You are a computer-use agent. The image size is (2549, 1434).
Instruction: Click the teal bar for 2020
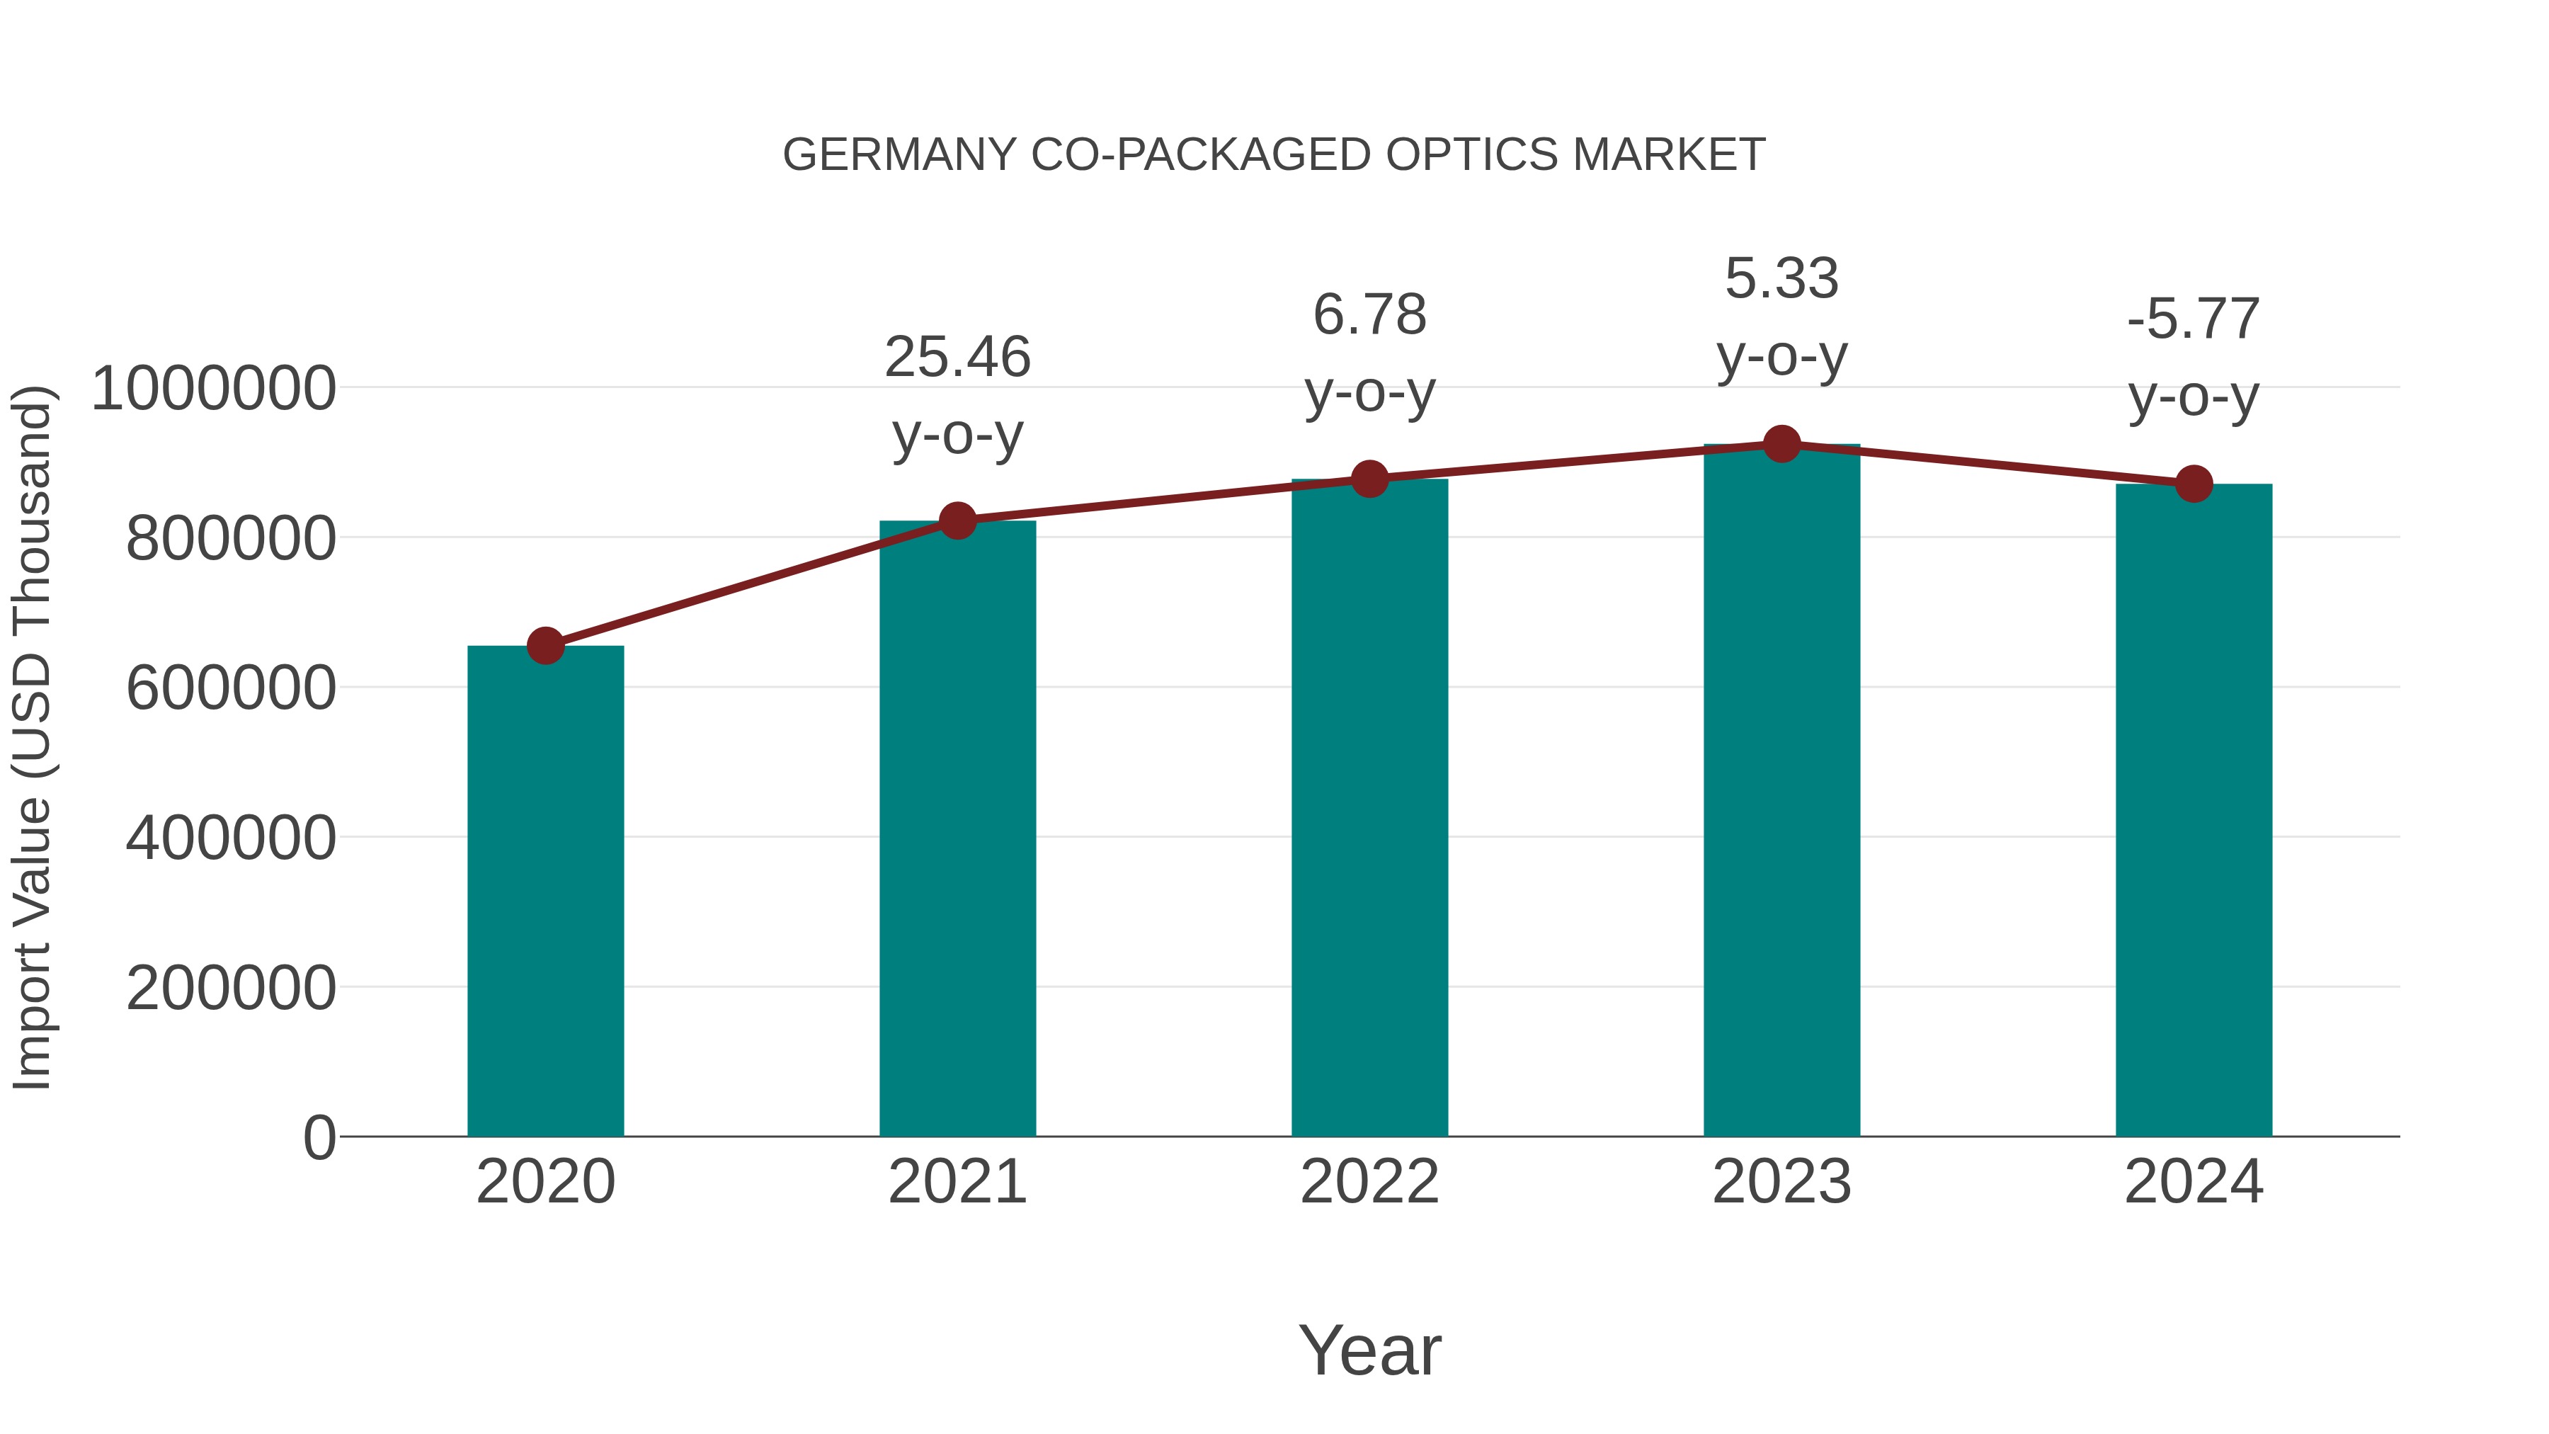click(x=545, y=891)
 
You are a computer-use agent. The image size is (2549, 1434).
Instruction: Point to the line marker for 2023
click(x=1781, y=444)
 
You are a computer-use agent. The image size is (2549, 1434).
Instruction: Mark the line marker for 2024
click(x=2194, y=484)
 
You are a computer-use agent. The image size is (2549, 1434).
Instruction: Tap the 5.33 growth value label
click(x=1781, y=278)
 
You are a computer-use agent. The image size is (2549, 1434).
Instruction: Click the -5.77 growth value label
click(x=2194, y=319)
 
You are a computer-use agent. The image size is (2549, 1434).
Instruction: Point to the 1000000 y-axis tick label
click(x=212, y=388)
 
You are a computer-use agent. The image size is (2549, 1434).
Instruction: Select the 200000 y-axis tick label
click(x=231, y=988)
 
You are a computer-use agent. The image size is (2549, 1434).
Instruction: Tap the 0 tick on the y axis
click(x=319, y=1137)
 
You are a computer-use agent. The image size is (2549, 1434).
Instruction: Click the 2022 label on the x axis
click(x=1369, y=1182)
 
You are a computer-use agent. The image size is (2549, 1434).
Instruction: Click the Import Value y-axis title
click(x=33, y=737)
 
